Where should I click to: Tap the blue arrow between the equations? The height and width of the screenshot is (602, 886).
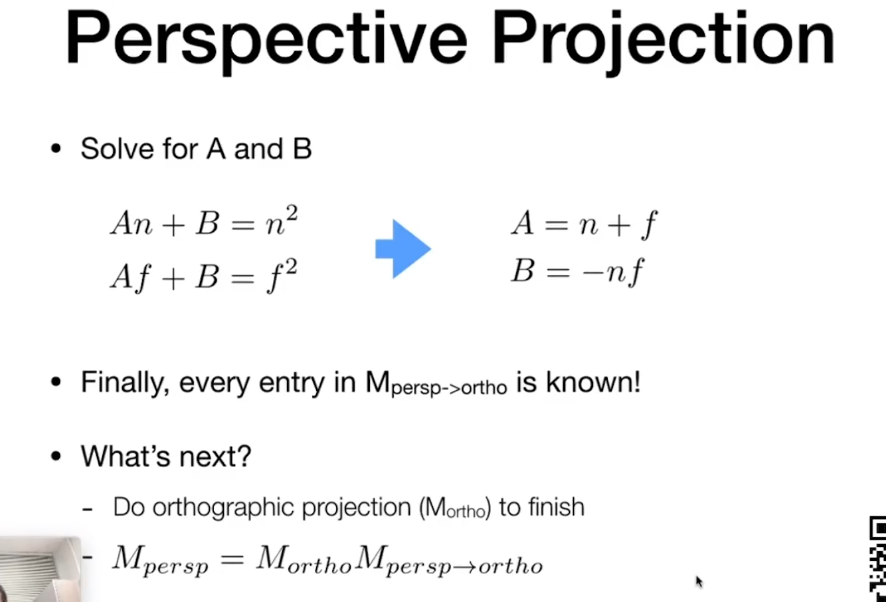(403, 249)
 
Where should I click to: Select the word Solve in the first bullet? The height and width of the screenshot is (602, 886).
(117, 149)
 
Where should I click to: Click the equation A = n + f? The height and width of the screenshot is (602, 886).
(584, 224)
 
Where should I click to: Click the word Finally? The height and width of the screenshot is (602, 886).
(125, 383)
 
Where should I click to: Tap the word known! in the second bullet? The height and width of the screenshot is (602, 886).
(593, 382)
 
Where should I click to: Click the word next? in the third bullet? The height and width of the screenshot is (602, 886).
(216, 456)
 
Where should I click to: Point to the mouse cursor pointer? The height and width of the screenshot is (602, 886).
(699, 581)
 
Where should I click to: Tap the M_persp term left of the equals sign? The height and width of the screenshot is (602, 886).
(161, 560)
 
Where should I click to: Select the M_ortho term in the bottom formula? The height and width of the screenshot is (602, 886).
(304, 559)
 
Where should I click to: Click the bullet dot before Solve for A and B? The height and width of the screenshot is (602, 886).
(56, 149)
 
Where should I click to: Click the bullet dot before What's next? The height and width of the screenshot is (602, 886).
(56, 456)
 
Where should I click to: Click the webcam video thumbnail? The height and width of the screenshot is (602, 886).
(40, 569)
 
